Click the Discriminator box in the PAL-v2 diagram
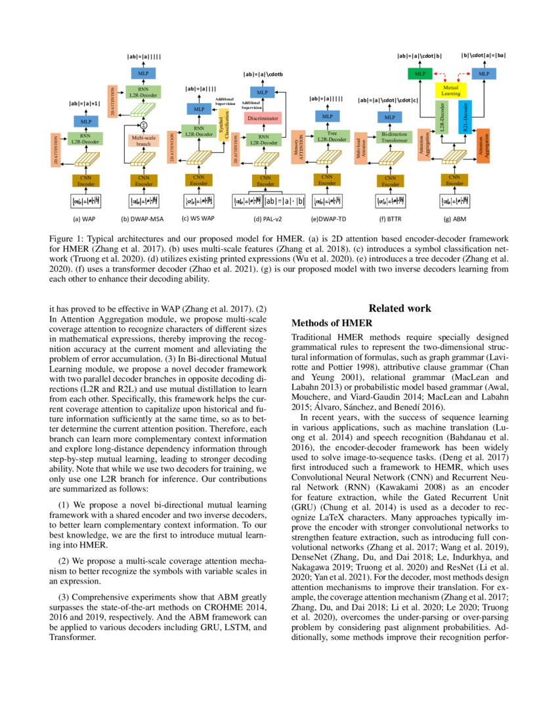pyautogui.click(x=263, y=118)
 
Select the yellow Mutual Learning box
pyautogui.click(x=450, y=90)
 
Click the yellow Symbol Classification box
pyautogui.click(x=223, y=125)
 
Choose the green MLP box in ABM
pyautogui.click(x=418, y=74)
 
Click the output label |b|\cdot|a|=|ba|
pyautogui.click(x=483, y=55)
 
